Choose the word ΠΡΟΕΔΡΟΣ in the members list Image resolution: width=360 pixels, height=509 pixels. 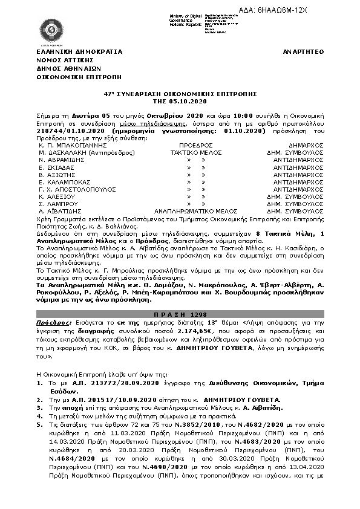click(196, 145)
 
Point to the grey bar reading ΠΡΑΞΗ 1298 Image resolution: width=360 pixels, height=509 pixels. click(180, 316)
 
